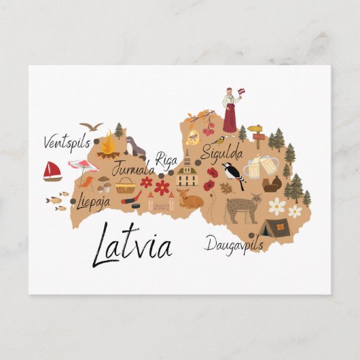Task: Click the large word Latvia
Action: [x=133, y=243]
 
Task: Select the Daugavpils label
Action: [x=233, y=244]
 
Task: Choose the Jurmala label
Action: [x=133, y=168]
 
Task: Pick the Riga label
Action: [x=166, y=160]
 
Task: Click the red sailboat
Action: [x=52, y=171]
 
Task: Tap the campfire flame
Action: [x=108, y=144]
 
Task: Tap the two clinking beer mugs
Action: [x=261, y=166]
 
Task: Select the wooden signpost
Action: [x=256, y=134]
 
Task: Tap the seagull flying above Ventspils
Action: [x=91, y=126]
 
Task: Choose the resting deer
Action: [x=191, y=200]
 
